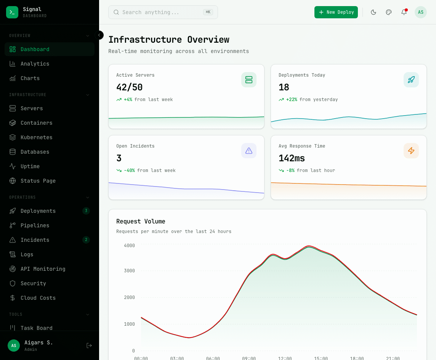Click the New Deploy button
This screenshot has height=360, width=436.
coord(336,12)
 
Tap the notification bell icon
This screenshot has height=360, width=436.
coord(404,12)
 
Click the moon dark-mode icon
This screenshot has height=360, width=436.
coord(373,12)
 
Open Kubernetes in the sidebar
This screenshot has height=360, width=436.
coord(36,137)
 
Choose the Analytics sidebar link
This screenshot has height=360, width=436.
coord(35,64)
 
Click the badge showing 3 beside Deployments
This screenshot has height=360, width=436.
coord(86,211)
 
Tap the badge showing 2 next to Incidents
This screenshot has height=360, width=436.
coord(86,240)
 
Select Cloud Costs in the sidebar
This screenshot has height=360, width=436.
coord(38,298)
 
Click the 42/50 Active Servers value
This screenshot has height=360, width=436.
coord(129,87)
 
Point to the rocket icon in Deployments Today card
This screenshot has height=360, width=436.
coord(411,80)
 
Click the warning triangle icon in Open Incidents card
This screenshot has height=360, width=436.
coord(248,151)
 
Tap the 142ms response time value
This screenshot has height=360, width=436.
coord(292,158)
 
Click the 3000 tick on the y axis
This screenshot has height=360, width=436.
coord(129,271)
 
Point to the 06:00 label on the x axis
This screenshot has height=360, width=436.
coord(213,358)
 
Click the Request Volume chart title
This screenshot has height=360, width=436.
coord(141,221)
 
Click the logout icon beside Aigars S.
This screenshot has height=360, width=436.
coord(89,346)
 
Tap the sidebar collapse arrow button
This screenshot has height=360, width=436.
coord(99,35)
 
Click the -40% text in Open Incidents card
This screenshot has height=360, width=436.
coord(129,170)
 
